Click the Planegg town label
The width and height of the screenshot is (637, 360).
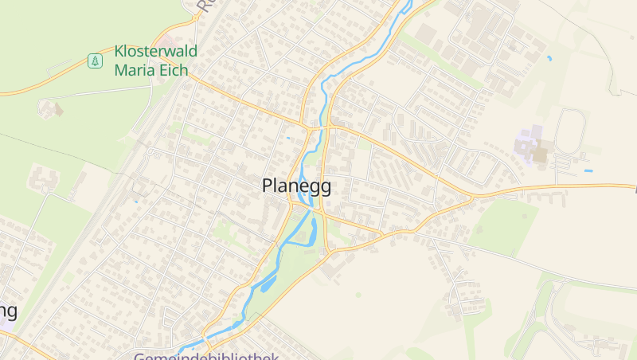296,186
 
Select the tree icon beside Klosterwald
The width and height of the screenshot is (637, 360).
95,61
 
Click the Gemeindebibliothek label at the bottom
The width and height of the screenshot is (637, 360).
205,356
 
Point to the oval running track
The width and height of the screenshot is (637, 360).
570,131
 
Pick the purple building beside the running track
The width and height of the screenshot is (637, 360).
527,144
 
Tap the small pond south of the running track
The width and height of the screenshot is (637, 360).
588,171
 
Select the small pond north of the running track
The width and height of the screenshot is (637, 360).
549,58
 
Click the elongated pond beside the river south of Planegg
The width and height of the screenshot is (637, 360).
267,282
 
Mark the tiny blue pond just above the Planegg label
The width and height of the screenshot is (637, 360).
288,138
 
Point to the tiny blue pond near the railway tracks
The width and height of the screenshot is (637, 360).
136,201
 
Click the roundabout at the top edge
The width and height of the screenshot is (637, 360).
197,15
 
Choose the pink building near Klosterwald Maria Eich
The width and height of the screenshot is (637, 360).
170,39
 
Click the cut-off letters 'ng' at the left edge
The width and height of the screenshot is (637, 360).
8,311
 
